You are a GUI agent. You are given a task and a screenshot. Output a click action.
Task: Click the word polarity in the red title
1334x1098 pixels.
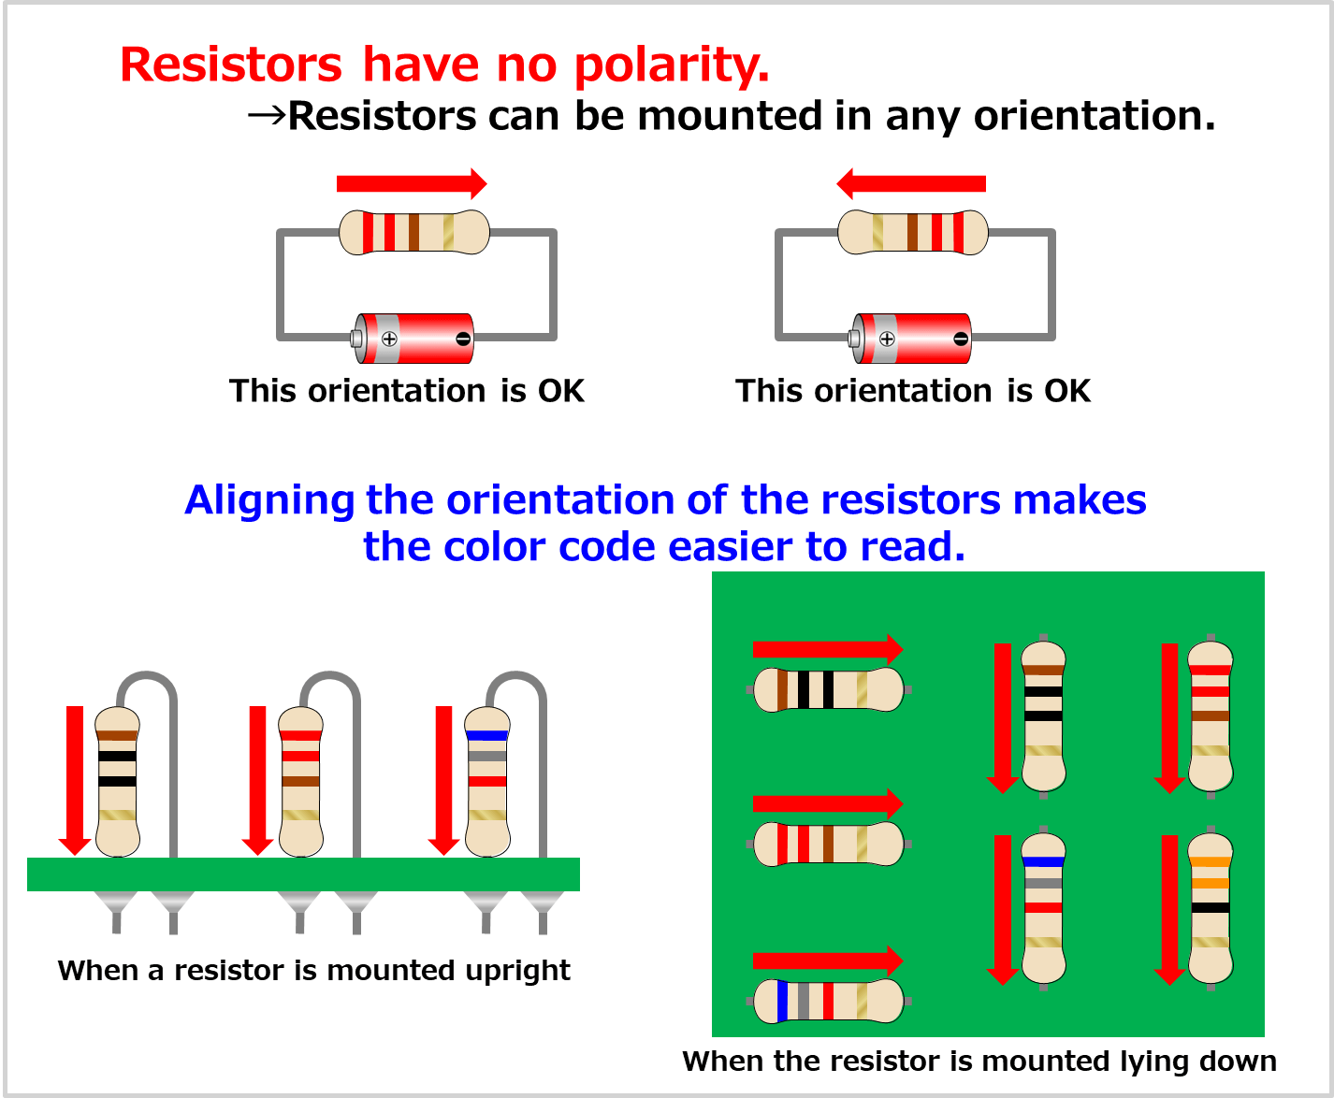coord(671,65)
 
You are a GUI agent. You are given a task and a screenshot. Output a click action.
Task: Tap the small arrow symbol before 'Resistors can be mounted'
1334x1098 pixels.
coord(266,116)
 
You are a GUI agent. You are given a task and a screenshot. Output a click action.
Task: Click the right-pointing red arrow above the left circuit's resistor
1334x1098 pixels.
coord(412,183)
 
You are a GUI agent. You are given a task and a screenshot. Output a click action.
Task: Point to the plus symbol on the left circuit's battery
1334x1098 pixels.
coord(389,339)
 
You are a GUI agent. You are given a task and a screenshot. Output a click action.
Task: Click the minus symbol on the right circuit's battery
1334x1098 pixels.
coord(961,339)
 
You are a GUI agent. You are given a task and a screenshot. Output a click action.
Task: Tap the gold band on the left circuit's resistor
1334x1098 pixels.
coord(448,232)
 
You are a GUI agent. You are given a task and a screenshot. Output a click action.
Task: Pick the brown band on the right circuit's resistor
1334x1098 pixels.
coord(912,232)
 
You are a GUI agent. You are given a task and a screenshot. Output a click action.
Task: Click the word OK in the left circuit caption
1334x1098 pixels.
coord(560,391)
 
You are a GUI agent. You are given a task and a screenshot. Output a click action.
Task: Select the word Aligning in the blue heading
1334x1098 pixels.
coord(269,500)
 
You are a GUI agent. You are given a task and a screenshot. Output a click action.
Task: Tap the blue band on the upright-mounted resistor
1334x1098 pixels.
coord(487,735)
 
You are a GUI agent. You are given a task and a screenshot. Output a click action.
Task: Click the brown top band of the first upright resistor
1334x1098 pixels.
coord(117,735)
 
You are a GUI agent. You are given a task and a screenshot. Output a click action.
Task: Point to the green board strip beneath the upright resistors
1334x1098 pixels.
coord(303,874)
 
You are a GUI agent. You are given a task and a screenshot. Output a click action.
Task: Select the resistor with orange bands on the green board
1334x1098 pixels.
coord(1211,907)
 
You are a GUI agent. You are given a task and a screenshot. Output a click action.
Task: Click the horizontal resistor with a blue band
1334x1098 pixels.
coord(828,1001)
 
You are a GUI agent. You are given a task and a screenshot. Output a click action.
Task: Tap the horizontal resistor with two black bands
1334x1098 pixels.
coord(828,689)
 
